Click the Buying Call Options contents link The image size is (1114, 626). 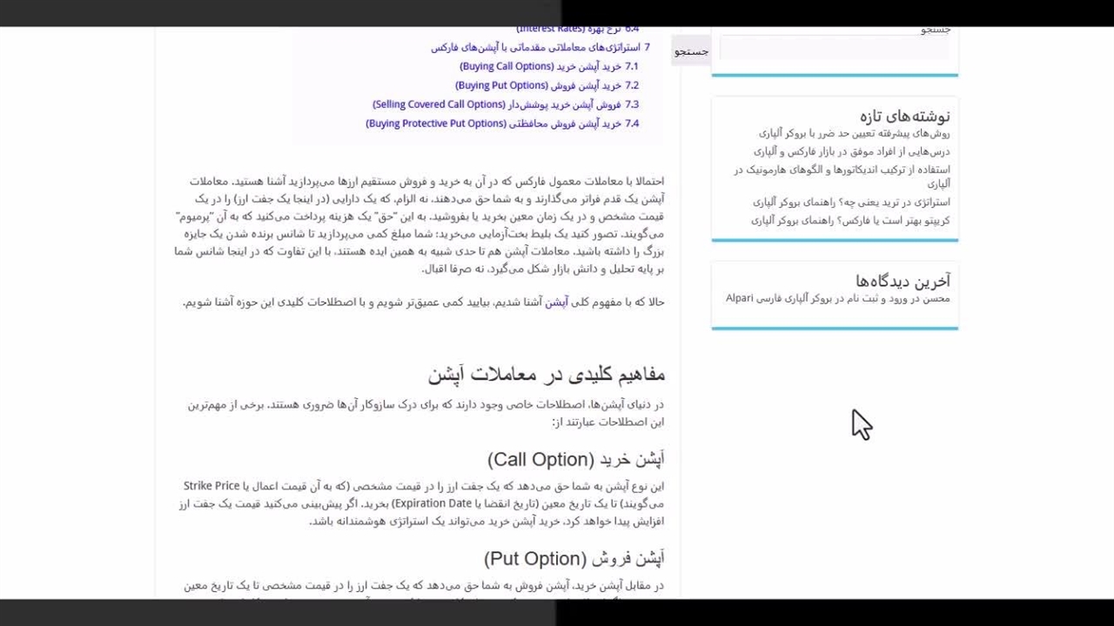[548, 66]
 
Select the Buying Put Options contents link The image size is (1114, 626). [547, 85]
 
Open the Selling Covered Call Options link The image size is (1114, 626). [506, 104]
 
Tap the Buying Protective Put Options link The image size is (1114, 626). [502, 123]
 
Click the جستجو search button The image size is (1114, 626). [691, 52]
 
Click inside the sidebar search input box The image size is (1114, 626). [834, 50]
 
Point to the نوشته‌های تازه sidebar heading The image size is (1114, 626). [904, 116]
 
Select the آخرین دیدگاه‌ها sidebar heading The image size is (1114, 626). [903, 281]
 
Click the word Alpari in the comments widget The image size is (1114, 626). [739, 298]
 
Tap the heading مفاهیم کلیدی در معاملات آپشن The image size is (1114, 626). [547, 375]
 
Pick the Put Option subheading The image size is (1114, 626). [574, 558]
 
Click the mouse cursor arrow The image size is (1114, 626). [860, 424]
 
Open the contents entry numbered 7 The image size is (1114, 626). [540, 48]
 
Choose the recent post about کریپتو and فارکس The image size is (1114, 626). [850, 221]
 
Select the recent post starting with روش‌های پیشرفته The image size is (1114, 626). [854, 134]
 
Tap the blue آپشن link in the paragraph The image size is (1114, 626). [556, 303]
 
